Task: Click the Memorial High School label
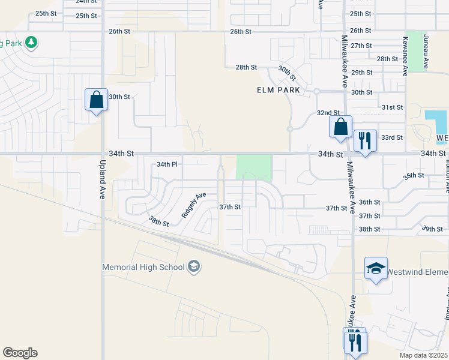pos(143,267)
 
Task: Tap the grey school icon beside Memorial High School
pos(193,266)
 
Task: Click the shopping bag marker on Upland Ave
pos(96,100)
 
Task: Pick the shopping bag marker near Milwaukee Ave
pos(340,127)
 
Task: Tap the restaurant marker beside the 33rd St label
pos(365,141)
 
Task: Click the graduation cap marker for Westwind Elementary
pos(376,269)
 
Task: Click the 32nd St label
pos(328,113)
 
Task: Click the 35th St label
pos(414,176)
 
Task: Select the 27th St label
pos(361,46)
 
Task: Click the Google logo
pos(20,353)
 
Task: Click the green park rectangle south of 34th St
pos(254,167)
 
